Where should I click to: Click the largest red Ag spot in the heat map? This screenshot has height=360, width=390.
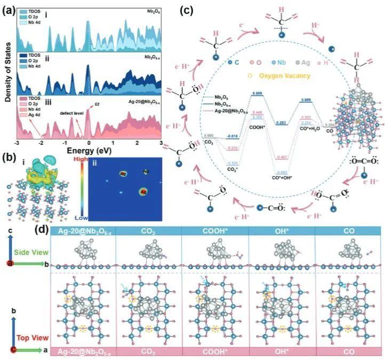tap(143, 191)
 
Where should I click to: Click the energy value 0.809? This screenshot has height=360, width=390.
tap(257, 94)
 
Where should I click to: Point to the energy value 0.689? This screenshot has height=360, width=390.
tap(306, 100)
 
